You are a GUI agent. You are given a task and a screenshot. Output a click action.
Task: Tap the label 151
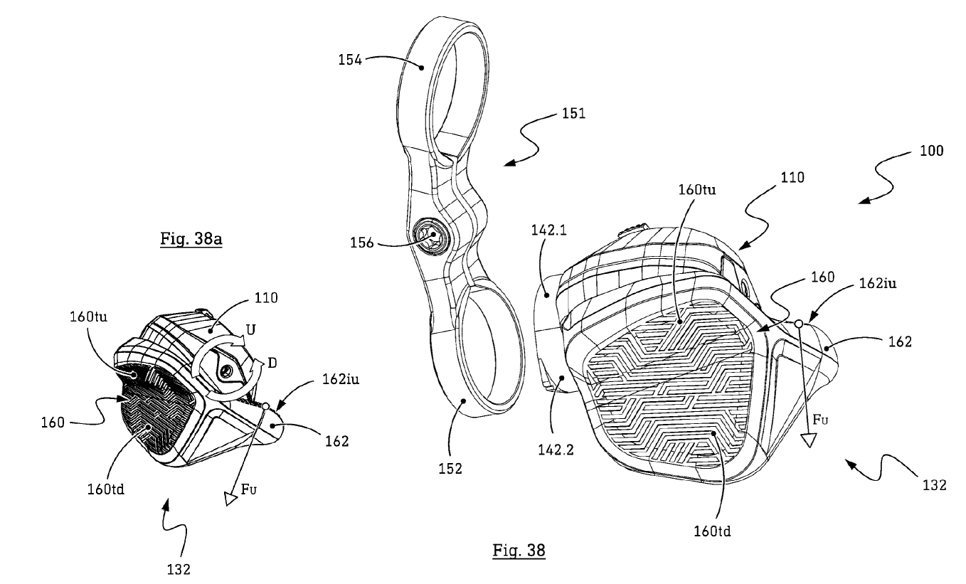(574, 114)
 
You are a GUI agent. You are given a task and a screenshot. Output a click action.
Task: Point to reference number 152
(451, 468)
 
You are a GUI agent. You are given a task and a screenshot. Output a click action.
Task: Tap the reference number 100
(930, 152)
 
